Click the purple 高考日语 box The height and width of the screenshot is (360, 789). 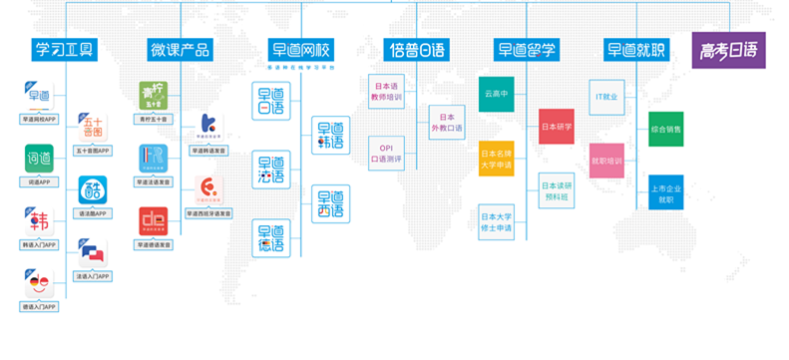pos(728,50)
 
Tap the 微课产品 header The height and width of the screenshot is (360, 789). pos(180,50)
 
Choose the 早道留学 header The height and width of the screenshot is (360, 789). pos(526,50)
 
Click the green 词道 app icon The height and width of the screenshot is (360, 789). pos(39,159)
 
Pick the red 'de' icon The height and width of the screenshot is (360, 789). pos(154,219)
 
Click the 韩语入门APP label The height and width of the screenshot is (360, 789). pos(39,244)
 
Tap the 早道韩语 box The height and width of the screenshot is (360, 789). pos(330,136)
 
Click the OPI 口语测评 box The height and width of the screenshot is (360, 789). pos(386,153)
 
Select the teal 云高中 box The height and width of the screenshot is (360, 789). pos(496,94)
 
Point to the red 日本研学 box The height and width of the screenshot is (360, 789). pos(556,128)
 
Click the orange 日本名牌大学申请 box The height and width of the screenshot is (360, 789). pos(496,160)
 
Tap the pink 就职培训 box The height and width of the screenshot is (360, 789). pos(605,161)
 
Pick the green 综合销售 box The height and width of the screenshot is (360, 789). pos(665,129)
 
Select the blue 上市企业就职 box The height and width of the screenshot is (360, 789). pos(665,193)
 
